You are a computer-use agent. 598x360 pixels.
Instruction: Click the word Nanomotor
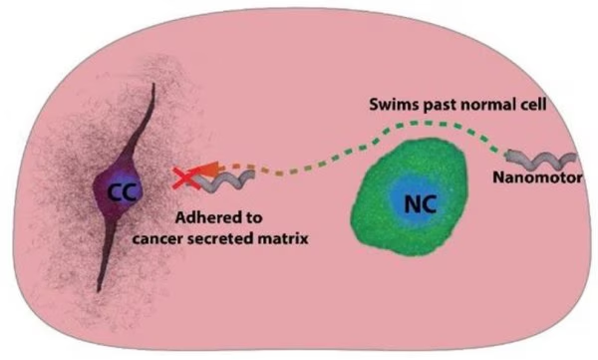point(539,180)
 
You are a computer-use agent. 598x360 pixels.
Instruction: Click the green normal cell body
point(379,214)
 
